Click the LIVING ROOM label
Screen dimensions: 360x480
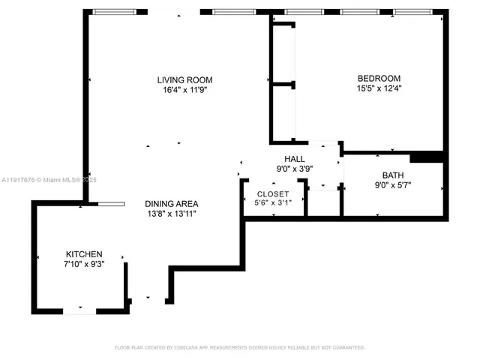(184, 80)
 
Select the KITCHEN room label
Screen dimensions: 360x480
(84, 254)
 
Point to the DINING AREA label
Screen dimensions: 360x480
(172, 203)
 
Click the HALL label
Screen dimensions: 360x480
(295, 159)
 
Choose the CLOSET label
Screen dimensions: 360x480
(272, 193)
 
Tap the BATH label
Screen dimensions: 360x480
(393, 176)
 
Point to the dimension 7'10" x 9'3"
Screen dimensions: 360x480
(84, 265)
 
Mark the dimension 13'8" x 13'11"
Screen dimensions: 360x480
(172, 214)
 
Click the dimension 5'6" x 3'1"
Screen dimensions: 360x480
(272, 202)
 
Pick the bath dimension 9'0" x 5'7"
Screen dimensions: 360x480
(393, 186)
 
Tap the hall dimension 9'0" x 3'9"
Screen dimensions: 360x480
(295, 169)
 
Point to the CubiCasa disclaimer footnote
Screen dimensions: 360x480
(239, 347)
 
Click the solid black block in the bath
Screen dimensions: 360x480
(427, 157)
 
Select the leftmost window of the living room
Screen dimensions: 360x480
(116, 12)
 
